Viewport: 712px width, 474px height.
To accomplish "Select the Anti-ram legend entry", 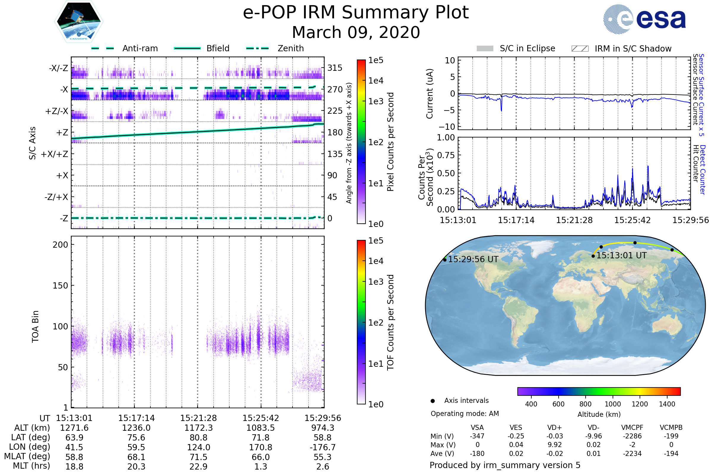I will click(140, 48).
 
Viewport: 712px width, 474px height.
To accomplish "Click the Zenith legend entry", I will click(290, 48).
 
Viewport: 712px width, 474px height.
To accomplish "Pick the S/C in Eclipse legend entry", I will click(527, 48).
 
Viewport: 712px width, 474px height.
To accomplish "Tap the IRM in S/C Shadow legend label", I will click(633, 49).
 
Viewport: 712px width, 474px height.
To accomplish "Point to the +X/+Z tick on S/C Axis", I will click(55, 154).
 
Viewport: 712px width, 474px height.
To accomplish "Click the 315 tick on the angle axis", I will click(335, 68).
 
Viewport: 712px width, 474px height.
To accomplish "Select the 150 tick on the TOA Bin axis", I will click(60, 286).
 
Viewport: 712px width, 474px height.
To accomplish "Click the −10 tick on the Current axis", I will click(447, 127).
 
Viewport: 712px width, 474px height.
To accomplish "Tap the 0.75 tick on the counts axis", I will click(446, 155).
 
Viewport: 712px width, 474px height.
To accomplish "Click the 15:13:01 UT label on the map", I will click(621, 255).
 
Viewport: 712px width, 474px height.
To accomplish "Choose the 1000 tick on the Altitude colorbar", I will click(612, 404).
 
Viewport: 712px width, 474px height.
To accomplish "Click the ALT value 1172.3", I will click(198, 428).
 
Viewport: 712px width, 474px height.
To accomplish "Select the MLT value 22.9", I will click(198, 466).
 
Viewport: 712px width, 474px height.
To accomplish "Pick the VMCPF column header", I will click(632, 427).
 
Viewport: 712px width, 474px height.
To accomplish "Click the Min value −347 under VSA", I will click(477, 436).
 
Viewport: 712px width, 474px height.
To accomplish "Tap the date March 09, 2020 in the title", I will click(356, 32).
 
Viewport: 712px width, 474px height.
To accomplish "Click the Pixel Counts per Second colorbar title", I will click(390, 142).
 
